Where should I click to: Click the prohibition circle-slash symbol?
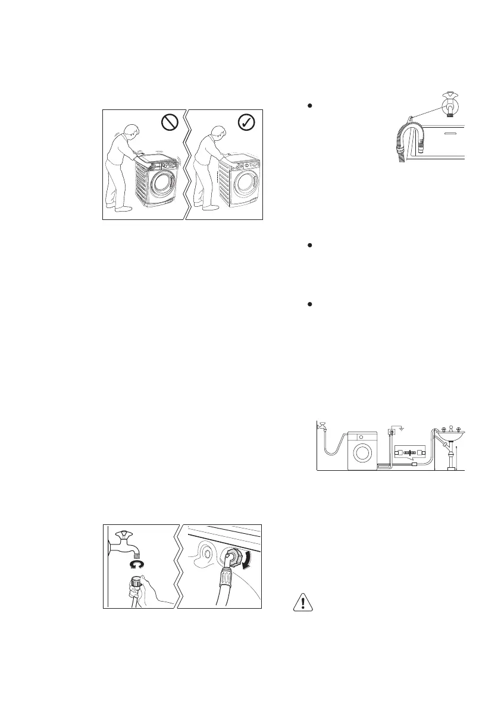click(170, 123)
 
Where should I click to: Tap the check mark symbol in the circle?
click(245, 123)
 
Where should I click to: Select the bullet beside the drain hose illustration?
click(310, 105)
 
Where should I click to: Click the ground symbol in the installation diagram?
click(402, 428)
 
